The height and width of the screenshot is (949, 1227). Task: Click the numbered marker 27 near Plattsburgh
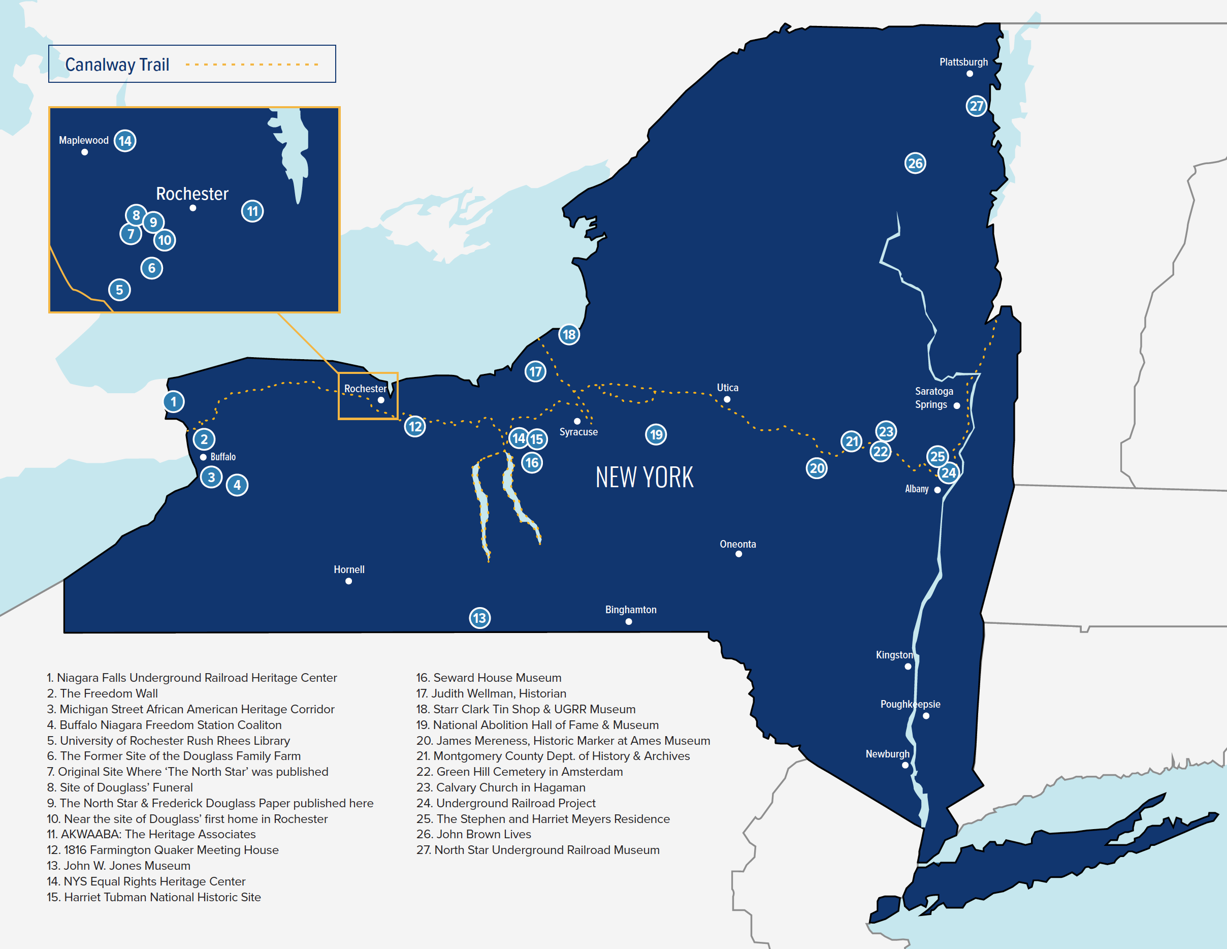click(x=977, y=106)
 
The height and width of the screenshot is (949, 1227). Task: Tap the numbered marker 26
click(x=915, y=164)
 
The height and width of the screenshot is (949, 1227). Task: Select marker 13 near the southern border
click(x=480, y=618)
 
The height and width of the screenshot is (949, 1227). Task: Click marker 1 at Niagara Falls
click(x=174, y=402)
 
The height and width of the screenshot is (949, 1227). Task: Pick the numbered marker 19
click(x=656, y=434)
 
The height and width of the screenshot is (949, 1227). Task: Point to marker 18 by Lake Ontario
click(x=569, y=335)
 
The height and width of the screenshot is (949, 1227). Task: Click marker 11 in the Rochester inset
click(x=252, y=211)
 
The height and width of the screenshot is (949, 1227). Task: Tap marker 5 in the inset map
click(x=119, y=290)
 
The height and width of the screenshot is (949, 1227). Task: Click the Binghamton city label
click(x=630, y=610)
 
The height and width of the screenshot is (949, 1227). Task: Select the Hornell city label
click(x=349, y=569)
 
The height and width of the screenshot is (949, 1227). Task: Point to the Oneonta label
click(x=737, y=544)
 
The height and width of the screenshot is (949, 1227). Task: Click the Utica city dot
click(x=727, y=399)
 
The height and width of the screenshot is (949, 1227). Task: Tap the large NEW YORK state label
click(x=644, y=477)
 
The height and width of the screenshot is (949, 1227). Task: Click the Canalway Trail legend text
click(x=117, y=65)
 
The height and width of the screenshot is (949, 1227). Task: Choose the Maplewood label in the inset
click(x=84, y=140)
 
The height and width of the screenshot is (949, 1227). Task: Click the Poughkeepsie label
click(x=910, y=704)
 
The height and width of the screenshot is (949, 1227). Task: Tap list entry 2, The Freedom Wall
click(x=102, y=693)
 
